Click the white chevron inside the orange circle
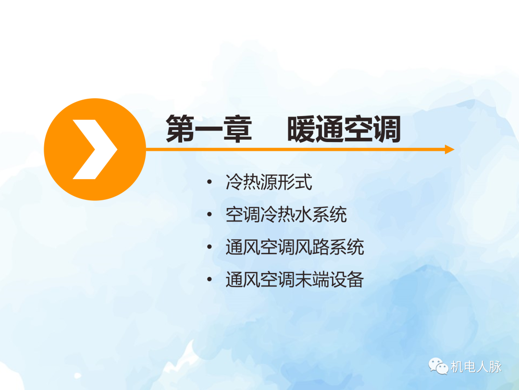(95, 149)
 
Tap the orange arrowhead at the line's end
(449, 149)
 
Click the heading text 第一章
(209, 129)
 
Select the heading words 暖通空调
(344, 129)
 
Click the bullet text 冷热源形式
(269, 182)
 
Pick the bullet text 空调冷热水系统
(286, 215)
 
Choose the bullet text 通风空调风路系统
(295, 247)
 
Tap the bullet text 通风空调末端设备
(295, 280)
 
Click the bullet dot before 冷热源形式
(209, 182)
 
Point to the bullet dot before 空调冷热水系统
(209, 215)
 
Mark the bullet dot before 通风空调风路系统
(209, 247)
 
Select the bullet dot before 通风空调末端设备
(209, 280)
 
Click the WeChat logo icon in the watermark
(439, 367)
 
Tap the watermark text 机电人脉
(476, 367)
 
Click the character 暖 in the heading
(302, 129)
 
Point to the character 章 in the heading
(238, 129)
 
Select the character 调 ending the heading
(386, 129)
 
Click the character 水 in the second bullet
(304, 215)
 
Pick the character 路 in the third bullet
(321, 247)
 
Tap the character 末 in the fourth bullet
(304, 280)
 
